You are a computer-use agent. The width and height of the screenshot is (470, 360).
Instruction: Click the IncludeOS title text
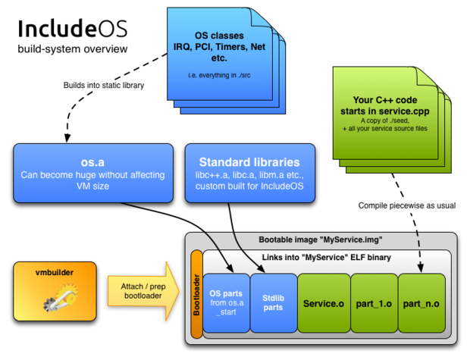[x=73, y=29]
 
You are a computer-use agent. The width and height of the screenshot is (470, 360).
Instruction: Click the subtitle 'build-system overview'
[x=73, y=49]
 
